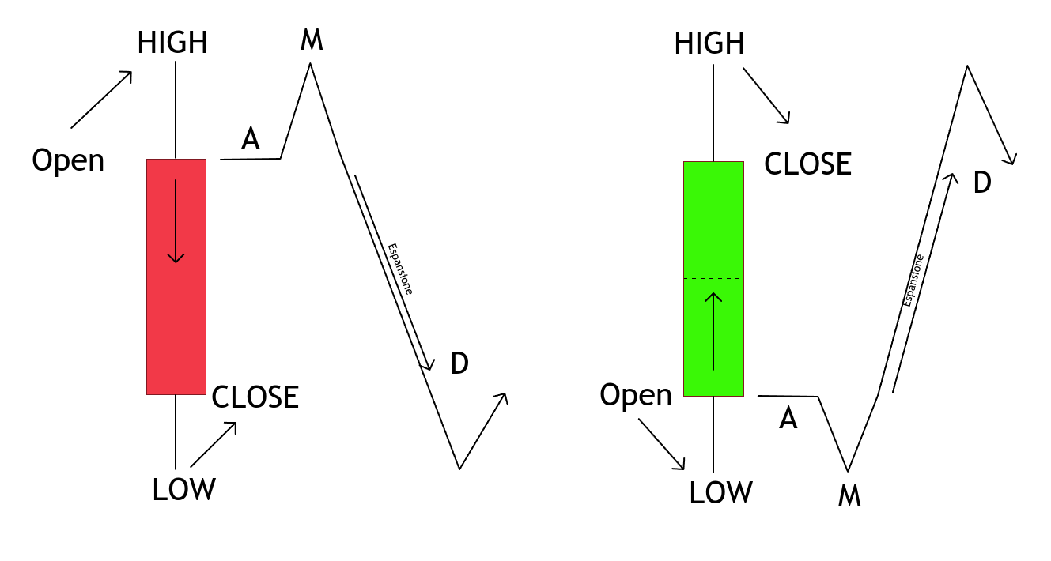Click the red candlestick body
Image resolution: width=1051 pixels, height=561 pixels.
[x=176, y=332]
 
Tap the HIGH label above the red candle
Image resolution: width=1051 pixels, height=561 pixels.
[x=172, y=43]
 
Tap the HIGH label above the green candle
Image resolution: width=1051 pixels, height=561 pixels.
[x=709, y=43]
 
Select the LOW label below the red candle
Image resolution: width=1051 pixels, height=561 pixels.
[x=183, y=489]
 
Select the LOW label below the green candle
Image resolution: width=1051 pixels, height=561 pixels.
[x=720, y=492]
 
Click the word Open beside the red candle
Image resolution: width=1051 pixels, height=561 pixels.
[x=68, y=160]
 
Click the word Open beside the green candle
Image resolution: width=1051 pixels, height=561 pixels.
[x=636, y=394]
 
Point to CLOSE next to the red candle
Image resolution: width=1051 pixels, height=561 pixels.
[x=255, y=397]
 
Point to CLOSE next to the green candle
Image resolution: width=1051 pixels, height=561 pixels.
[x=807, y=164]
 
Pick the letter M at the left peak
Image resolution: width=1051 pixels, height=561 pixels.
[x=312, y=40]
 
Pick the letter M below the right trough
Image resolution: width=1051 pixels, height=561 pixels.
[x=849, y=495]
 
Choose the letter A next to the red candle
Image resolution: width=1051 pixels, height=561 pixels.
[x=251, y=139]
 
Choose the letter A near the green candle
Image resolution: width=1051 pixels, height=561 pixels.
[x=788, y=419]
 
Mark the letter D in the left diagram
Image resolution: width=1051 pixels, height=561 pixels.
[x=459, y=363]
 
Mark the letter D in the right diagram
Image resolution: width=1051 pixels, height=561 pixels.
[x=981, y=183]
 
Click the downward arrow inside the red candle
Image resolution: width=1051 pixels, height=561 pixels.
[x=176, y=221]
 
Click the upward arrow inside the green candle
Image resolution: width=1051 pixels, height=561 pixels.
[x=714, y=332]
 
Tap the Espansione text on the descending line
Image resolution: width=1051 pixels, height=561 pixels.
[x=400, y=269]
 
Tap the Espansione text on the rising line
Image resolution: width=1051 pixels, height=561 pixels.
[x=913, y=280]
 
